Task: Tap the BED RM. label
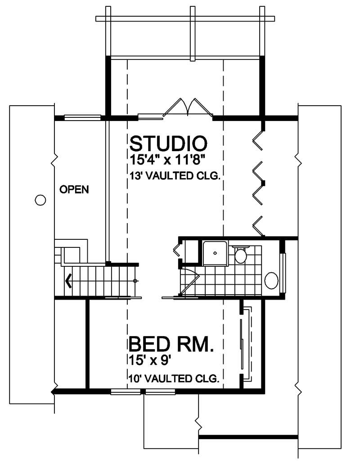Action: [x=171, y=345]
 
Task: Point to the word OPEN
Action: [x=74, y=189]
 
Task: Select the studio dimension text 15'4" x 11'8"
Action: [x=168, y=159]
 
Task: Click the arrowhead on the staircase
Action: [x=68, y=281]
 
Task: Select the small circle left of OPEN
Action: [x=40, y=200]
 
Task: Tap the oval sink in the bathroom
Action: [x=271, y=280]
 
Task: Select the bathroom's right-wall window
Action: [x=283, y=273]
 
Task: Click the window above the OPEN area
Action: [x=82, y=118]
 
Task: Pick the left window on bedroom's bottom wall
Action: [x=126, y=392]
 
